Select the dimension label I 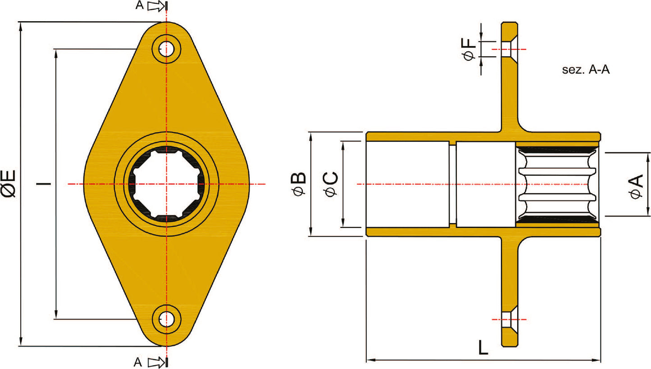(x=44, y=184)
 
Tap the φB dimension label (x=299, y=184)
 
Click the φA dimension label (x=637, y=187)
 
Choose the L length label (x=483, y=347)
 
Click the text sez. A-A (x=586, y=70)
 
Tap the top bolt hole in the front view (x=167, y=49)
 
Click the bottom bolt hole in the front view (x=167, y=319)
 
